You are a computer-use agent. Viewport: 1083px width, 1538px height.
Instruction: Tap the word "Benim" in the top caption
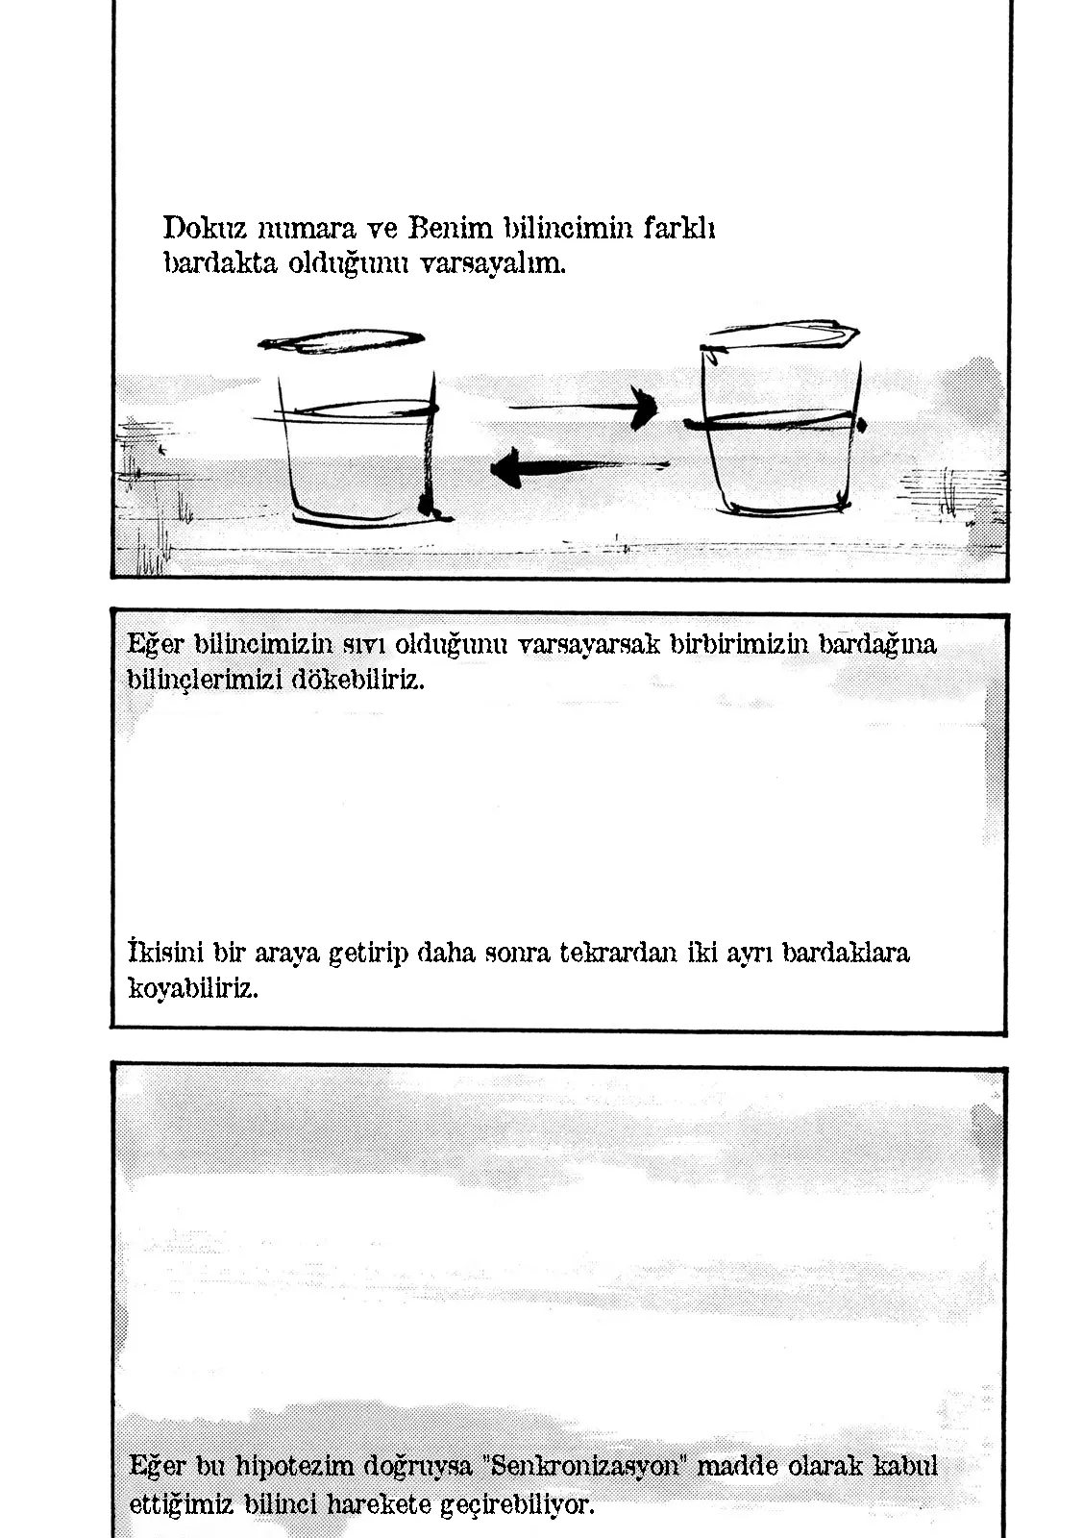tap(450, 229)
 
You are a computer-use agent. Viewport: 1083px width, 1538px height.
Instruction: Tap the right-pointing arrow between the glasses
tap(586, 407)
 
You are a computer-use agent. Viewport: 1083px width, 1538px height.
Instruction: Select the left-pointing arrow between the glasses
tap(575, 468)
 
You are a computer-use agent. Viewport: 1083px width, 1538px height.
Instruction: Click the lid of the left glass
tap(341, 340)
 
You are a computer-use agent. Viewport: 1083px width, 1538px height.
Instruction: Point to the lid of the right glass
tap(780, 335)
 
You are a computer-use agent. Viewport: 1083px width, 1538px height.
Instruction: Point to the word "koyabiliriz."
tap(193, 988)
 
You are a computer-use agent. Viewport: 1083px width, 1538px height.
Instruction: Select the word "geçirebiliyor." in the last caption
tap(517, 1503)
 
